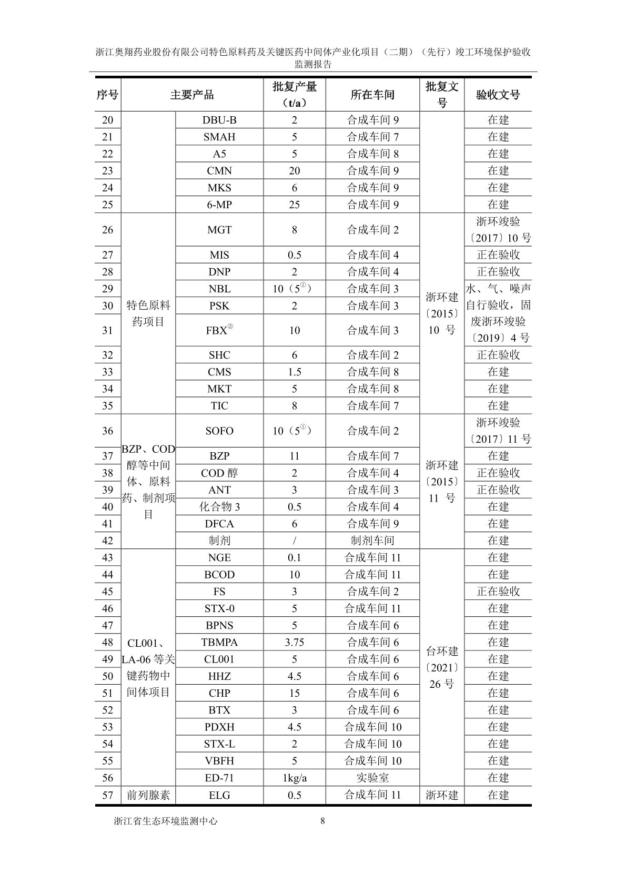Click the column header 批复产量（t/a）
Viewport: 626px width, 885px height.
(x=294, y=95)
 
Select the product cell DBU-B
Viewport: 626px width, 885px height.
(x=219, y=120)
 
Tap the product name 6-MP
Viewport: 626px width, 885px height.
(x=219, y=205)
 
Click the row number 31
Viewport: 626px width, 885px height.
(x=107, y=330)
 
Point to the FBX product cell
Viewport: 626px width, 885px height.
(x=219, y=330)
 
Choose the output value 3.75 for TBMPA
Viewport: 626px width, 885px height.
(x=294, y=643)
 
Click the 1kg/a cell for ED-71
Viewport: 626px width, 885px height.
(x=294, y=778)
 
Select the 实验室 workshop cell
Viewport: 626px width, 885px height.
(x=372, y=778)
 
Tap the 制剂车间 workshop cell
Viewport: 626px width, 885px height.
(x=372, y=541)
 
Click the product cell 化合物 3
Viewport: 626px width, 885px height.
(x=219, y=507)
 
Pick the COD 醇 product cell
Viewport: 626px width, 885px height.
(x=219, y=473)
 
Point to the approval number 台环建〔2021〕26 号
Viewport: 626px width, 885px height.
(x=442, y=668)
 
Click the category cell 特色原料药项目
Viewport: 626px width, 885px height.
(x=148, y=313)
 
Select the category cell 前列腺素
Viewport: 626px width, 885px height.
(x=148, y=795)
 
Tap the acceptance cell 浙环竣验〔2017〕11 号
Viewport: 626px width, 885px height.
(x=498, y=431)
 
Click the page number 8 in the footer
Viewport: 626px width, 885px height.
(x=322, y=821)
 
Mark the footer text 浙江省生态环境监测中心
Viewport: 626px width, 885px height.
(x=166, y=821)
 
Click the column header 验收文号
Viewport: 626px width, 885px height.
(x=498, y=95)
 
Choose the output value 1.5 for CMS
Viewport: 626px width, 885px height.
(x=294, y=372)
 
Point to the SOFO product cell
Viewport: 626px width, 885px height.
(x=219, y=431)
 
